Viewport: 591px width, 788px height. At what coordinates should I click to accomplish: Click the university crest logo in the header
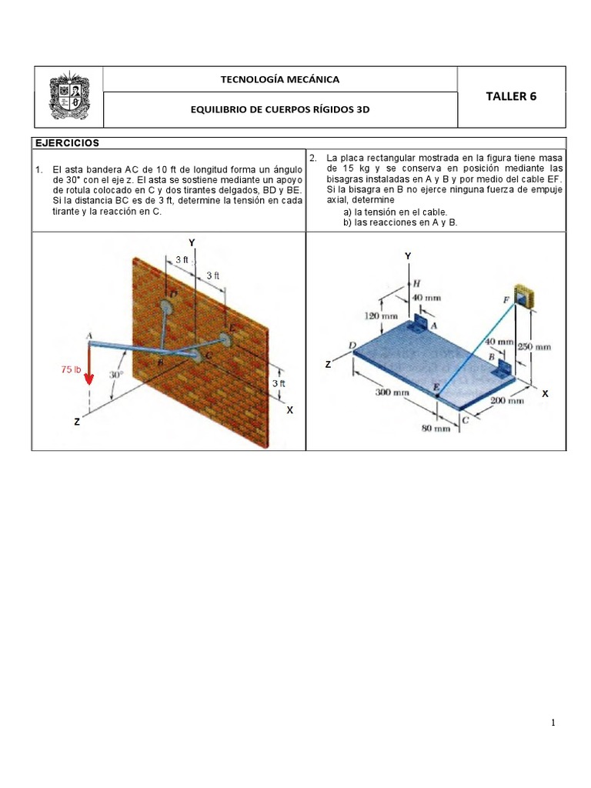[x=67, y=97]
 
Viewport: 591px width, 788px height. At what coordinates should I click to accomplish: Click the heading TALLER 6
[x=511, y=96]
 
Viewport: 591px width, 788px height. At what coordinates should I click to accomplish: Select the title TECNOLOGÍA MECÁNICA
[x=279, y=79]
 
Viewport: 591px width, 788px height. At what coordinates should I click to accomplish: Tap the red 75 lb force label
[x=71, y=370]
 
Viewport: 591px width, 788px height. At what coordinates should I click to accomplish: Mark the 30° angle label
[x=116, y=375]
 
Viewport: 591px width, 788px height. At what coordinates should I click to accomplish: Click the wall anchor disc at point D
[x=166, y=306]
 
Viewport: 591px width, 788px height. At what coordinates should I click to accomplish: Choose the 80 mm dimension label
[x=436, y=429]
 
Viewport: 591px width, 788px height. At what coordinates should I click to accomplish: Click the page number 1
[x=553, y=723]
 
